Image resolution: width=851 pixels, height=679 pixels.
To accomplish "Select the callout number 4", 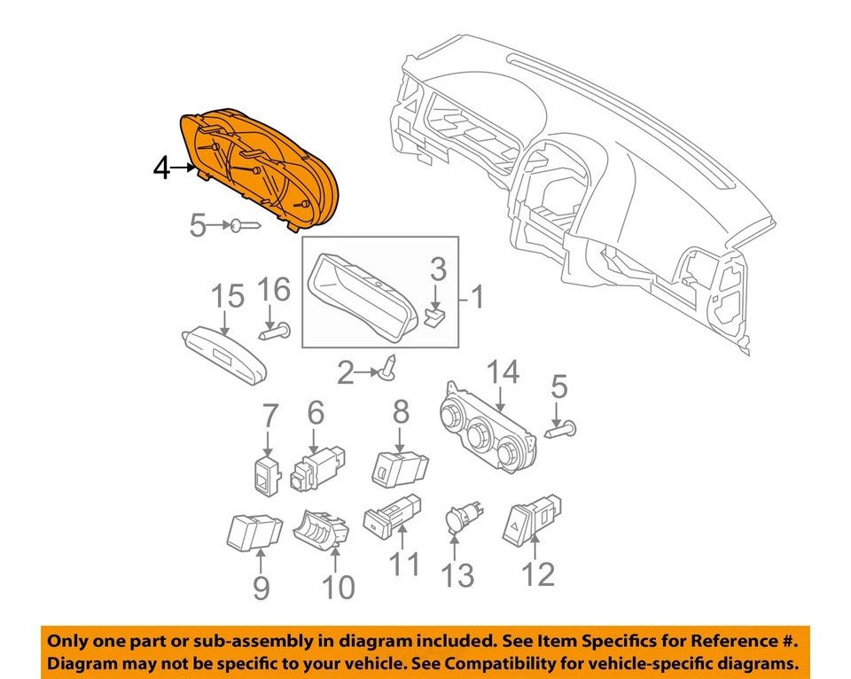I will [161, 168].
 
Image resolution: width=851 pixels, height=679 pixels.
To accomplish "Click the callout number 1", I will [478, 297].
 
